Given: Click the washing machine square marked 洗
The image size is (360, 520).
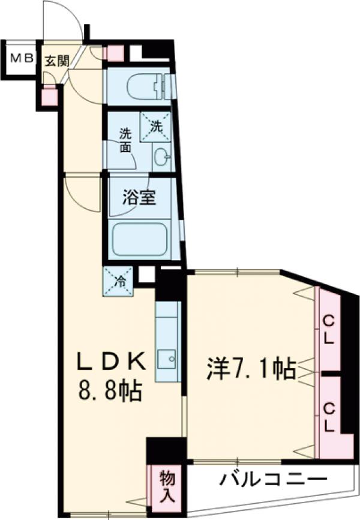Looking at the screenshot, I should [x=155, y=127].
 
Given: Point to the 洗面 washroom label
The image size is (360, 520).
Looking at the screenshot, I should [x=124, y=139].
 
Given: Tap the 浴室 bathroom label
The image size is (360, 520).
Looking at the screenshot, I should [x=140, y=199].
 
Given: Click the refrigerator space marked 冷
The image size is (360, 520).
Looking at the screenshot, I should [x=118, y=280].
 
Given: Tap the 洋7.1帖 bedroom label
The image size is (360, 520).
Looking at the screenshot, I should [x=251, y=368].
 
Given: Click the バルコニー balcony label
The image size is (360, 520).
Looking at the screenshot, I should [x=272, y=480].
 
